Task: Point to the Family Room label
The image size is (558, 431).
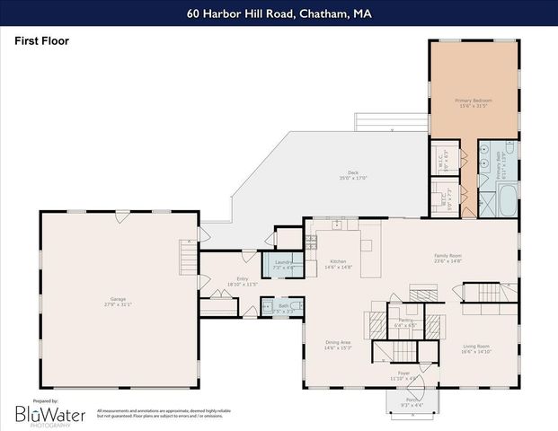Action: coord(447,258)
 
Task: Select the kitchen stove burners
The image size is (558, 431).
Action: coord(312,242)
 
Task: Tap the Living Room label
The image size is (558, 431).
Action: coord(476,347)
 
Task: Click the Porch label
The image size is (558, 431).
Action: coord(412,400)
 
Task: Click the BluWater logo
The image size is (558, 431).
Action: coord(49,414)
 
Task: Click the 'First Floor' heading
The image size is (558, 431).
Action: coord(41,41)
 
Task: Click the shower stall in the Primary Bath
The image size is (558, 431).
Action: coord(493,151)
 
